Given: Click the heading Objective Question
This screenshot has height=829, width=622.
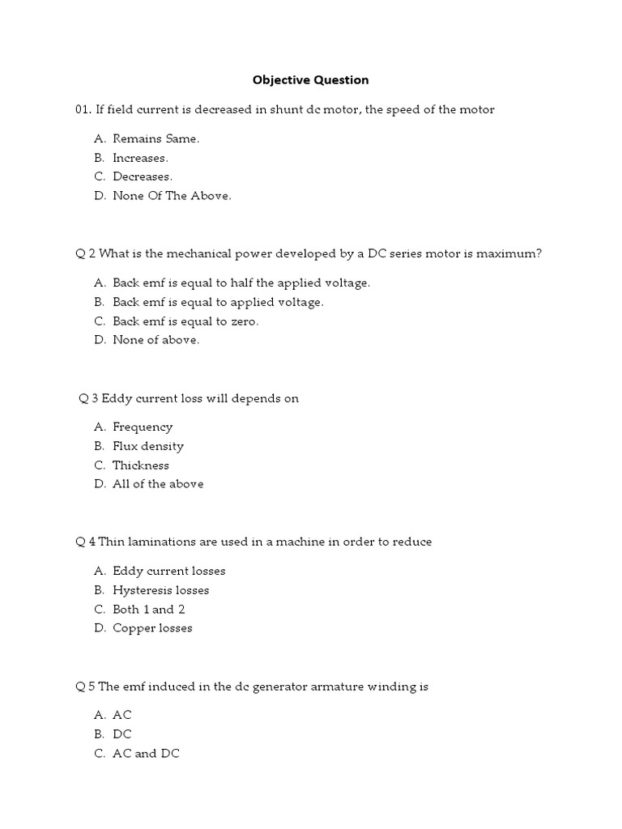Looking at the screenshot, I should [310, 80].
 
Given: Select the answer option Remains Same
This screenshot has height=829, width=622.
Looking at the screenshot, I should [155, 138].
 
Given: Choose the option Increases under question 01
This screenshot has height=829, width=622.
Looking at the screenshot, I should [140, 158].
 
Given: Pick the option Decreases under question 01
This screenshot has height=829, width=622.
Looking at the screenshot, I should [143, 176].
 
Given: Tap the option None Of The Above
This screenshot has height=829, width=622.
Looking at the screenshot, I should [172, 196].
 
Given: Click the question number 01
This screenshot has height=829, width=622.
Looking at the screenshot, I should [83, 110].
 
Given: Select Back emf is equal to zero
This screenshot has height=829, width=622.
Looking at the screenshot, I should [185, 321].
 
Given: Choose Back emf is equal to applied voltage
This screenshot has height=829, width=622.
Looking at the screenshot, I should [218, 302].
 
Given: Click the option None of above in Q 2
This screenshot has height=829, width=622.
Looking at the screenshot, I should [155, 340].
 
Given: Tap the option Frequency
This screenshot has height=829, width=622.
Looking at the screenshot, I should [143, 427].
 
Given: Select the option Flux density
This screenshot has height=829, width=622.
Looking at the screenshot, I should [148, 446].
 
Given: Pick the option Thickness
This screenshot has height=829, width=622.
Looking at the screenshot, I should [141, 466].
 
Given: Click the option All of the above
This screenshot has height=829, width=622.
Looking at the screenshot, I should [158, 484].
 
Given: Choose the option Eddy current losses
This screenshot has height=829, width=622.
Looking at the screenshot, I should [168, 571].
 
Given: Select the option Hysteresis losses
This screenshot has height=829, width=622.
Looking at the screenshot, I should [160, 590].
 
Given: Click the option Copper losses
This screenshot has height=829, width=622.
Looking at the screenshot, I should [152, 628].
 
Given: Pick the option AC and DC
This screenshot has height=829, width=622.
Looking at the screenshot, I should [146, 754].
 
